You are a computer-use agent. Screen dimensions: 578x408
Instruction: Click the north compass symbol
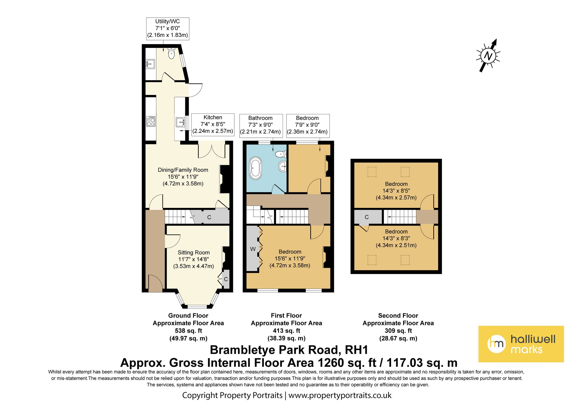[x=488, y=55]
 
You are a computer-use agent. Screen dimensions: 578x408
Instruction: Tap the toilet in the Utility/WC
[x=171, y=53]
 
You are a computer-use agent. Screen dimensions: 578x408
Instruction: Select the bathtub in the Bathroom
[x=255, y=168]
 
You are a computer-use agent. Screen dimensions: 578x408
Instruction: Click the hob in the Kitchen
[x=151, y=121]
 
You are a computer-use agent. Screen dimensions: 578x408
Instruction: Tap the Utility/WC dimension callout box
[x=168, y=28]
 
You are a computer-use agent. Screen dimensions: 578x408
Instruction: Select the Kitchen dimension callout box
[x=213, y=124]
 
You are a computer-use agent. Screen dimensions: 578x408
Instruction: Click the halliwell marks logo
[x=521, y=344]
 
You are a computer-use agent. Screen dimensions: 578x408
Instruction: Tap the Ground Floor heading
[x=188, y=316]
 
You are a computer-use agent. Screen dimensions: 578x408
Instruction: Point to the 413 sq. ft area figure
[x=286, y=331]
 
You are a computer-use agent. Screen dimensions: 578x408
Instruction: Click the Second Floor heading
[x=398, y=316]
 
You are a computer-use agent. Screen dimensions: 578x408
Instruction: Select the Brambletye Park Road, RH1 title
[x=289, y=350]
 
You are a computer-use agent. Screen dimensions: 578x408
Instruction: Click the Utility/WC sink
[x=150, y=64]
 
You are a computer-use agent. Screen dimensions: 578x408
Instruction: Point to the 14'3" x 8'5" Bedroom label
[x=396, y=191]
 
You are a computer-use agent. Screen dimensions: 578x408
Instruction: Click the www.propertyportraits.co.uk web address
[x=340, y=395]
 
